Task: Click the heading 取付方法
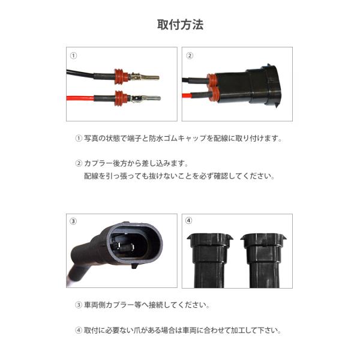click(x=180, y=25)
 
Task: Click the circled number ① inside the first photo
click(x=73, y=56)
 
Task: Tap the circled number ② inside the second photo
click(x=190, y=56)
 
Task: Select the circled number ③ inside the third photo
click(x=73, y=221)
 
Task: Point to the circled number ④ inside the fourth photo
click(x=188, y=221)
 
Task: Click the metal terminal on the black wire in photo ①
click(x=145, y=77)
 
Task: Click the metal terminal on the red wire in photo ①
click(x=146, y=98)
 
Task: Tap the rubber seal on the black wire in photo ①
click(x=121, y=76)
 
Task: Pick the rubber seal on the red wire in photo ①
click(x=121, y=98)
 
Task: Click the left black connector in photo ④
click(x=209, y=260)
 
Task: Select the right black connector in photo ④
click(x=264, y=260)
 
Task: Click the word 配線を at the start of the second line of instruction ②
click(x=95, y=176)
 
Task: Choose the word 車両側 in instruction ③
click(x=95, y=305)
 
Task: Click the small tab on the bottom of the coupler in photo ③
click(x=135, y=266)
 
